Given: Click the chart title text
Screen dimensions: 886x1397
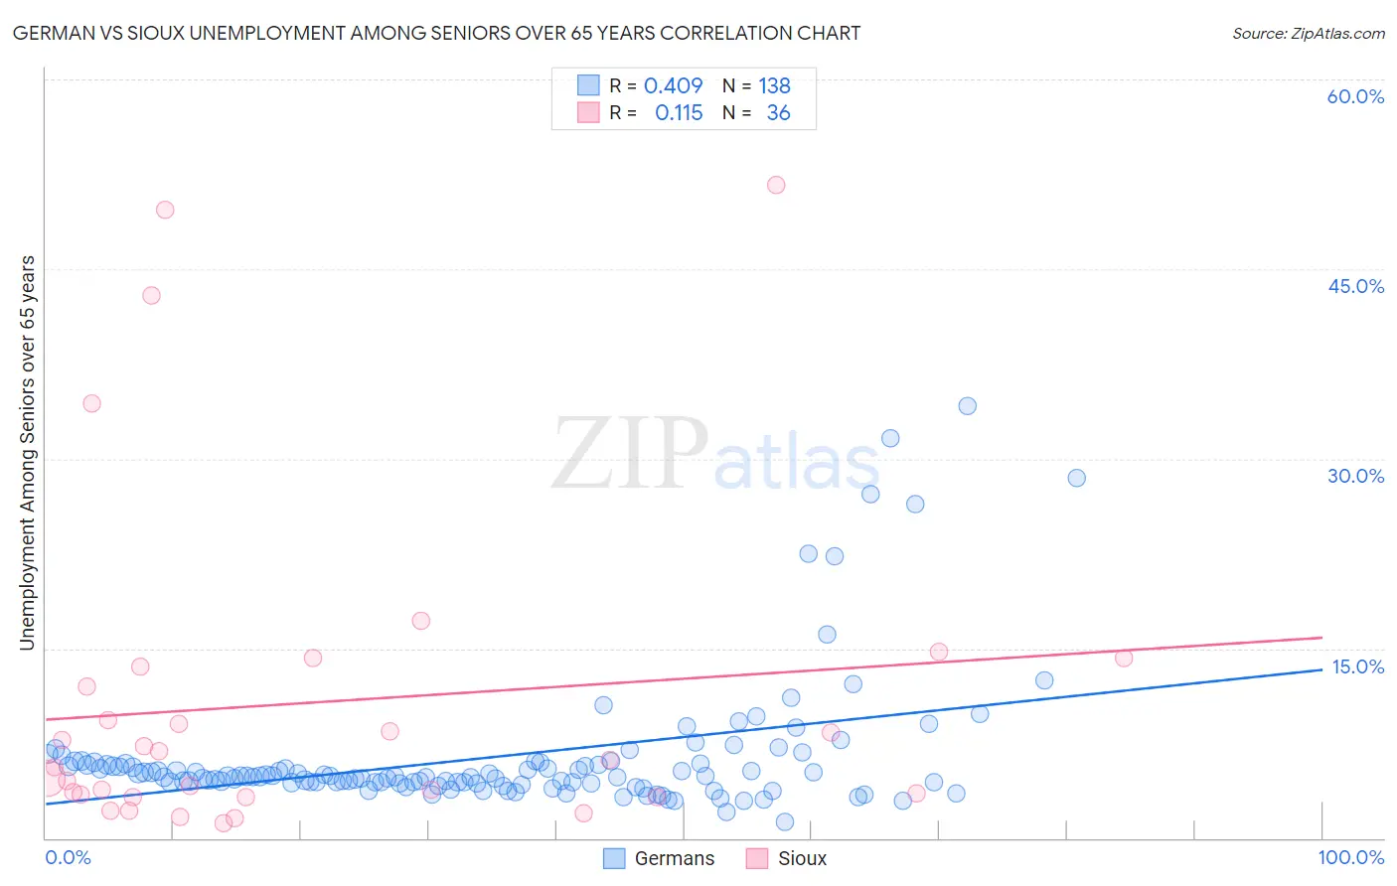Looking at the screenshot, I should tap(436, 33).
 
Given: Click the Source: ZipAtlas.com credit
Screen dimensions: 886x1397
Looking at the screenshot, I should tap(1308, 33).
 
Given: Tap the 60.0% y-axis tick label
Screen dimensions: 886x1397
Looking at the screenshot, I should tap(1355, 96).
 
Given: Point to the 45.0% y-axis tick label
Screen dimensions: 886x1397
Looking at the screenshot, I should tap(1355, 286).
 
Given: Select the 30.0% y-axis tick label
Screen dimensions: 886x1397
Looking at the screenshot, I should tap(1355, 476).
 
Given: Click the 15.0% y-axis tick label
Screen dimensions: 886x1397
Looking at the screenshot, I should tap(1357, 666).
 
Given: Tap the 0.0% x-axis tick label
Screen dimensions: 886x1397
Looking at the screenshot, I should tap(68, 857).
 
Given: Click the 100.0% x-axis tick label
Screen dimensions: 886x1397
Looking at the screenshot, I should tap(1350, 857).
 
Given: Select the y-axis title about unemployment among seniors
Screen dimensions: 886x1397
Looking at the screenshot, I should tap(27, 453).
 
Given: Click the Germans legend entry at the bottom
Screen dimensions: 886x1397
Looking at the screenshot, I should tap(659, 858).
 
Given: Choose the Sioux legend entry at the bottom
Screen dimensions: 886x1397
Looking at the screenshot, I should tap(786, 858).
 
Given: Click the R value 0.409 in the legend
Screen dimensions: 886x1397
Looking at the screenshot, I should tap(673, 85).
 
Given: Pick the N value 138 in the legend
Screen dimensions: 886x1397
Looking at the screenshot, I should tap(774, 85).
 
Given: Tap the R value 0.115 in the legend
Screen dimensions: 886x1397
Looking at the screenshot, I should tap(679, 113).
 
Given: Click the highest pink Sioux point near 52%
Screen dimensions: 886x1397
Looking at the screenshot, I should tap(776, 185).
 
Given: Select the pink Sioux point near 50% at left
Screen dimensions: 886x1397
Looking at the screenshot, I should tap(165, 210).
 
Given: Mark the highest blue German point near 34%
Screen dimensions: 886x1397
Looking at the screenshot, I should tap(967, 405).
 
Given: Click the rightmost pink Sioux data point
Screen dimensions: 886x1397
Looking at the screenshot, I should tap(1124, 658).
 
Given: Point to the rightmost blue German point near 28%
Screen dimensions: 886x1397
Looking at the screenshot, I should tap(1076, 478).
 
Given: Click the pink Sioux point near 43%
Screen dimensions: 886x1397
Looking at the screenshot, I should tap(151, 295).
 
